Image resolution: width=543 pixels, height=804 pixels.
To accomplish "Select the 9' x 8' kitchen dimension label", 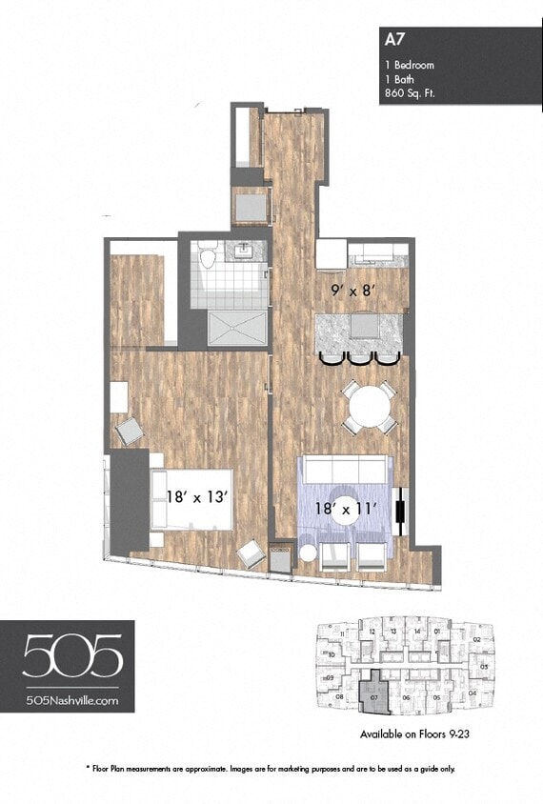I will click(x=350, y=291).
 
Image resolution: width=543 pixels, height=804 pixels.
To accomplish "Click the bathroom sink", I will click(x=244, y=251).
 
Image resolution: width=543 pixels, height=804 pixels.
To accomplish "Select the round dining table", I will click(x=368, y=408).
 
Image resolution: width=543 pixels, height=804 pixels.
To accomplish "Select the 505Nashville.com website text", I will click(x=73, y=699).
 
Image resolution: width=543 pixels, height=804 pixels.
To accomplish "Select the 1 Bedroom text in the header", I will click(x=410, y=65).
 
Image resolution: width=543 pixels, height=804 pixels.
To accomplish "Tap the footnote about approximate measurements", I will click(x=271, y=768).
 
